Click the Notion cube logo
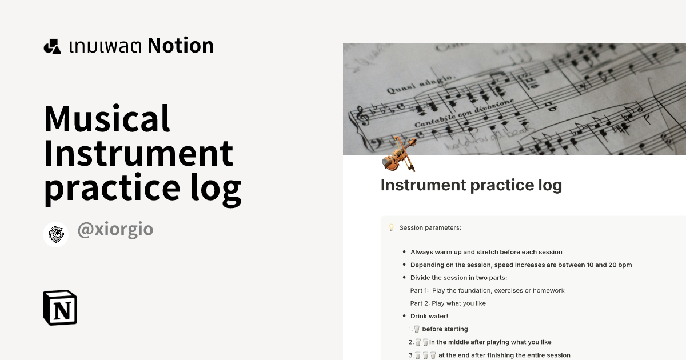(x=60, y=307)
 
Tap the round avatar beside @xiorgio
(x=56, y=234)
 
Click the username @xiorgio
(x=115, y=230)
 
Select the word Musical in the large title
(x=107, y=119)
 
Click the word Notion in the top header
(x=181, y=46)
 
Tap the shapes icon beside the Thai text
(x=53, y=46)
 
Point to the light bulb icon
(x=391, y=227)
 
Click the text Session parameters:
(x=430, y=228)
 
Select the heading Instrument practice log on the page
(x=471, y=185)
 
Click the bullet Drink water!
(x=429, y=316)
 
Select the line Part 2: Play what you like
(x=448, y=303)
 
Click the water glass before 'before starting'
(x=417, y=329)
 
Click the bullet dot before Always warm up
(x=404, y=252)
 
